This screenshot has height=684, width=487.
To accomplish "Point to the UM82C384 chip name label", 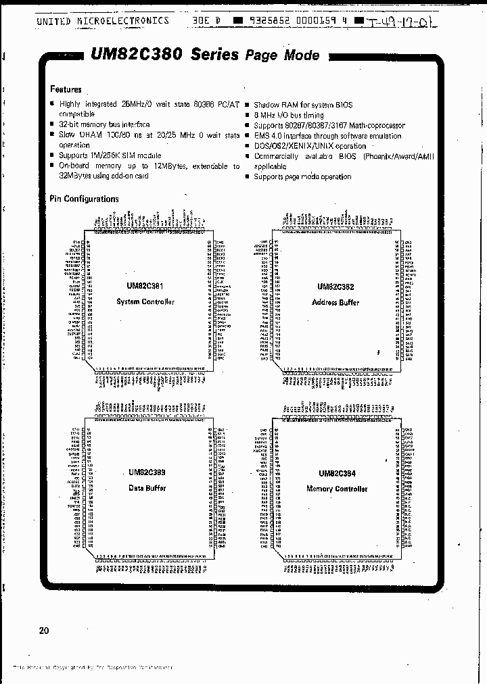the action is tap(337, 474).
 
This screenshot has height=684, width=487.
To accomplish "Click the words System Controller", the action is tap(145, 302).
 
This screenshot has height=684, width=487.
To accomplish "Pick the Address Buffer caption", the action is tap(335, 302).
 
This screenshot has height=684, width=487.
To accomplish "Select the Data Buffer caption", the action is tap(147, 488).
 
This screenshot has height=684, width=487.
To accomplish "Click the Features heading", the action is tap(66, 89).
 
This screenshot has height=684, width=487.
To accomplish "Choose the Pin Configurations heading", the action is tap(84, 199).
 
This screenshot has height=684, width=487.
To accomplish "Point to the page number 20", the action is tap(44, 631).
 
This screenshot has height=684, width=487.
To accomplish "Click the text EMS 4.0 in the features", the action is tap(269, 136).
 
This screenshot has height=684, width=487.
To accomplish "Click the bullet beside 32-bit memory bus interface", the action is tap(52, 126).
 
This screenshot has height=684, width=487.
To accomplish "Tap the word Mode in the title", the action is tap(302, 55).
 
